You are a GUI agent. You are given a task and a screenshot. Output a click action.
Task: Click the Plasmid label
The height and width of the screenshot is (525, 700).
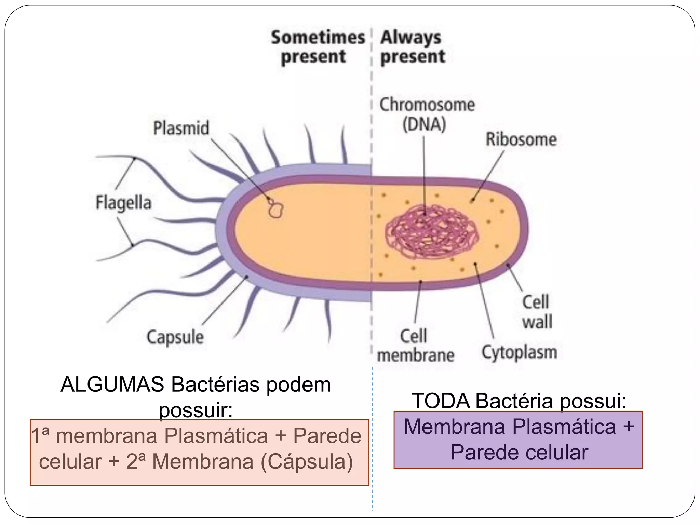point(181,128)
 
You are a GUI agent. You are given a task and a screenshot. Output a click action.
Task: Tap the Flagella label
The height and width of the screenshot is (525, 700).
point(123,202)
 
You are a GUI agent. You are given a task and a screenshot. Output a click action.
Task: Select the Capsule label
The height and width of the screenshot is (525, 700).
point(175,337)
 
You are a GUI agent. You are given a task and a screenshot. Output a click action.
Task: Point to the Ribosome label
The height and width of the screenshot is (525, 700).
point(521,139)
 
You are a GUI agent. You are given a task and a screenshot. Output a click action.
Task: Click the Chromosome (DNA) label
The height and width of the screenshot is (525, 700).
point(427,115)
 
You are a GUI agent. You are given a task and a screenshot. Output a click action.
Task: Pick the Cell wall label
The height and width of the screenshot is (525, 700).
point(537,312)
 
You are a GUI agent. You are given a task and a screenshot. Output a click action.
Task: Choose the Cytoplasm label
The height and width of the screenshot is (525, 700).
point(519,352)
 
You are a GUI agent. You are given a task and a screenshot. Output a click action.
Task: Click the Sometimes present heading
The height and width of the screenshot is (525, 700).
point(318,47)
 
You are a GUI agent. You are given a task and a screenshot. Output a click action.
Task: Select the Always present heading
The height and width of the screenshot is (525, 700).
point(413,47)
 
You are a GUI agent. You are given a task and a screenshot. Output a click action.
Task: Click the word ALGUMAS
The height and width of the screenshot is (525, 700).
point(112,385)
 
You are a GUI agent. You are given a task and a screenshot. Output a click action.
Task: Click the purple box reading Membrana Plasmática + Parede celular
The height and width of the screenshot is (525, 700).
point(518,440)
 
